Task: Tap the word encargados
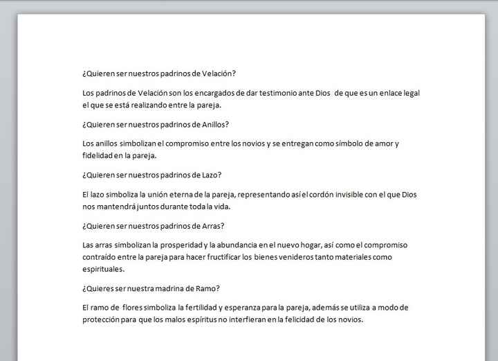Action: pyautogui.click(x=205, y=93)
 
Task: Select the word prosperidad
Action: pyautogui.click(x=180, y=245)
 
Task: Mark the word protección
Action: pyautogui.click(x=102, y=319)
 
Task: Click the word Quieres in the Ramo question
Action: pyautogui.click(x=101, y=288)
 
